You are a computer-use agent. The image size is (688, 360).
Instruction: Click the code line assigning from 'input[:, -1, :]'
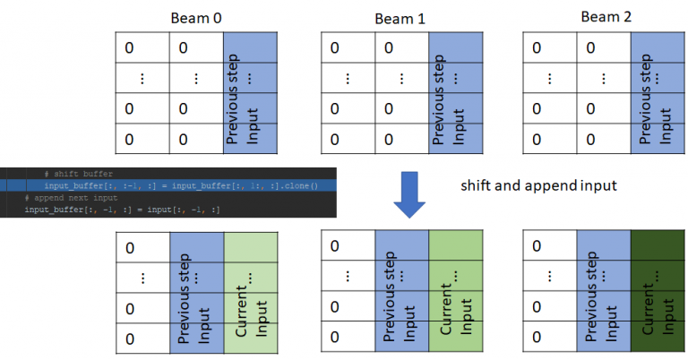coord(121,209)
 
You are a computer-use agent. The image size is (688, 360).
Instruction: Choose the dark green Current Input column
coord(658,291)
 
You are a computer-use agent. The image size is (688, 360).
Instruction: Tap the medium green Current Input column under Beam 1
coord(454,291)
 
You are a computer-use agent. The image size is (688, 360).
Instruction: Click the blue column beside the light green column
coord(195,291)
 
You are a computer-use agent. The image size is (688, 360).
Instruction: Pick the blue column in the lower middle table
coord(402,291)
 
